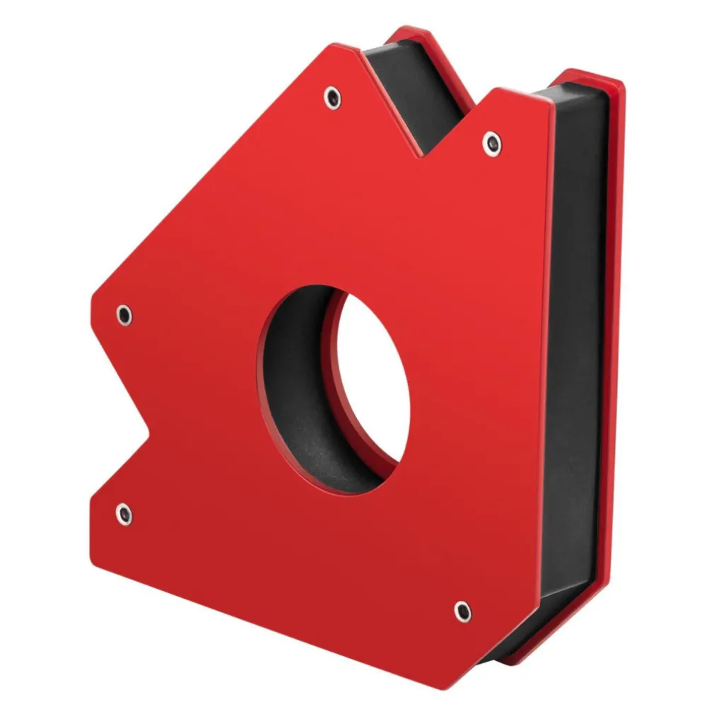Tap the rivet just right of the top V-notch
[492, 144]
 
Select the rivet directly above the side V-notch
[124, 315]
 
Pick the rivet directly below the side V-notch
[124, 513]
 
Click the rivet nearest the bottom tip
[462, 611]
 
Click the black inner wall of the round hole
[297, 396]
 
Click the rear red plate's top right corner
[621, 81]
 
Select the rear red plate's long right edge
[615, 353]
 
